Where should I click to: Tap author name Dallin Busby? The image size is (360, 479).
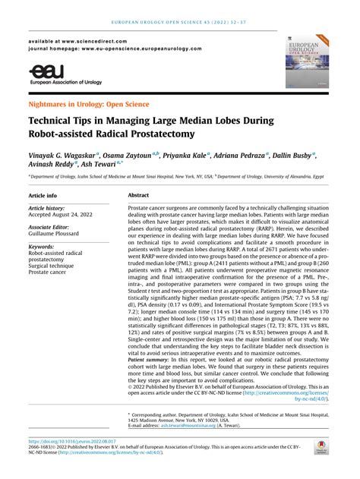(292, 154)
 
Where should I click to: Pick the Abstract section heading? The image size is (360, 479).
(138, 195)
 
